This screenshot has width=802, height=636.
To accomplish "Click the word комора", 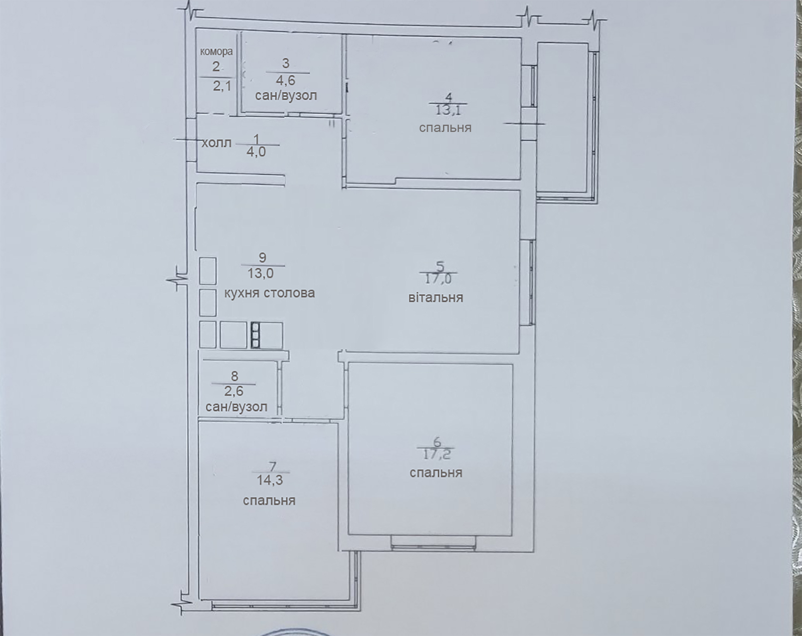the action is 217,52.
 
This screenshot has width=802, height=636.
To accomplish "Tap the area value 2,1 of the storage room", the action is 222,86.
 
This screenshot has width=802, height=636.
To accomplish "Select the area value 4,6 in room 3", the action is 286,80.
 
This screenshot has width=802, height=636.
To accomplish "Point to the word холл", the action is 217,143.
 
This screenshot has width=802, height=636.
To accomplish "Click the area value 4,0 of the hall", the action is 256,152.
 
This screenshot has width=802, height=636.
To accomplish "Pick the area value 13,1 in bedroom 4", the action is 448,110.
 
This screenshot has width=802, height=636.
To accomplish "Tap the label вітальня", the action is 436,298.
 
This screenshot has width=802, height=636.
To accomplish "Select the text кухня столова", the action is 270,293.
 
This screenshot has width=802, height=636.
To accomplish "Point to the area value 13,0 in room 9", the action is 261,274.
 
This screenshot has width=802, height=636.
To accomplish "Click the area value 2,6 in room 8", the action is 234,391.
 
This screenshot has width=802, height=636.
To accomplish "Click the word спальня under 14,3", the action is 269,501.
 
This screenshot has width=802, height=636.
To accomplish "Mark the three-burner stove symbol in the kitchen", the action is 256,335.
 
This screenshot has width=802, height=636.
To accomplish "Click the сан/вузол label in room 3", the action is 286,96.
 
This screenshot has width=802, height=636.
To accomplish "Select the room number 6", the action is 438,442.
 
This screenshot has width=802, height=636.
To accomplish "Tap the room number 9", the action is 262,258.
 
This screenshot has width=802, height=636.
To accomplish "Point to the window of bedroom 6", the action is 434,547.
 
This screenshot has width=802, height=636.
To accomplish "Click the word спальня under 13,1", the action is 445,128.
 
